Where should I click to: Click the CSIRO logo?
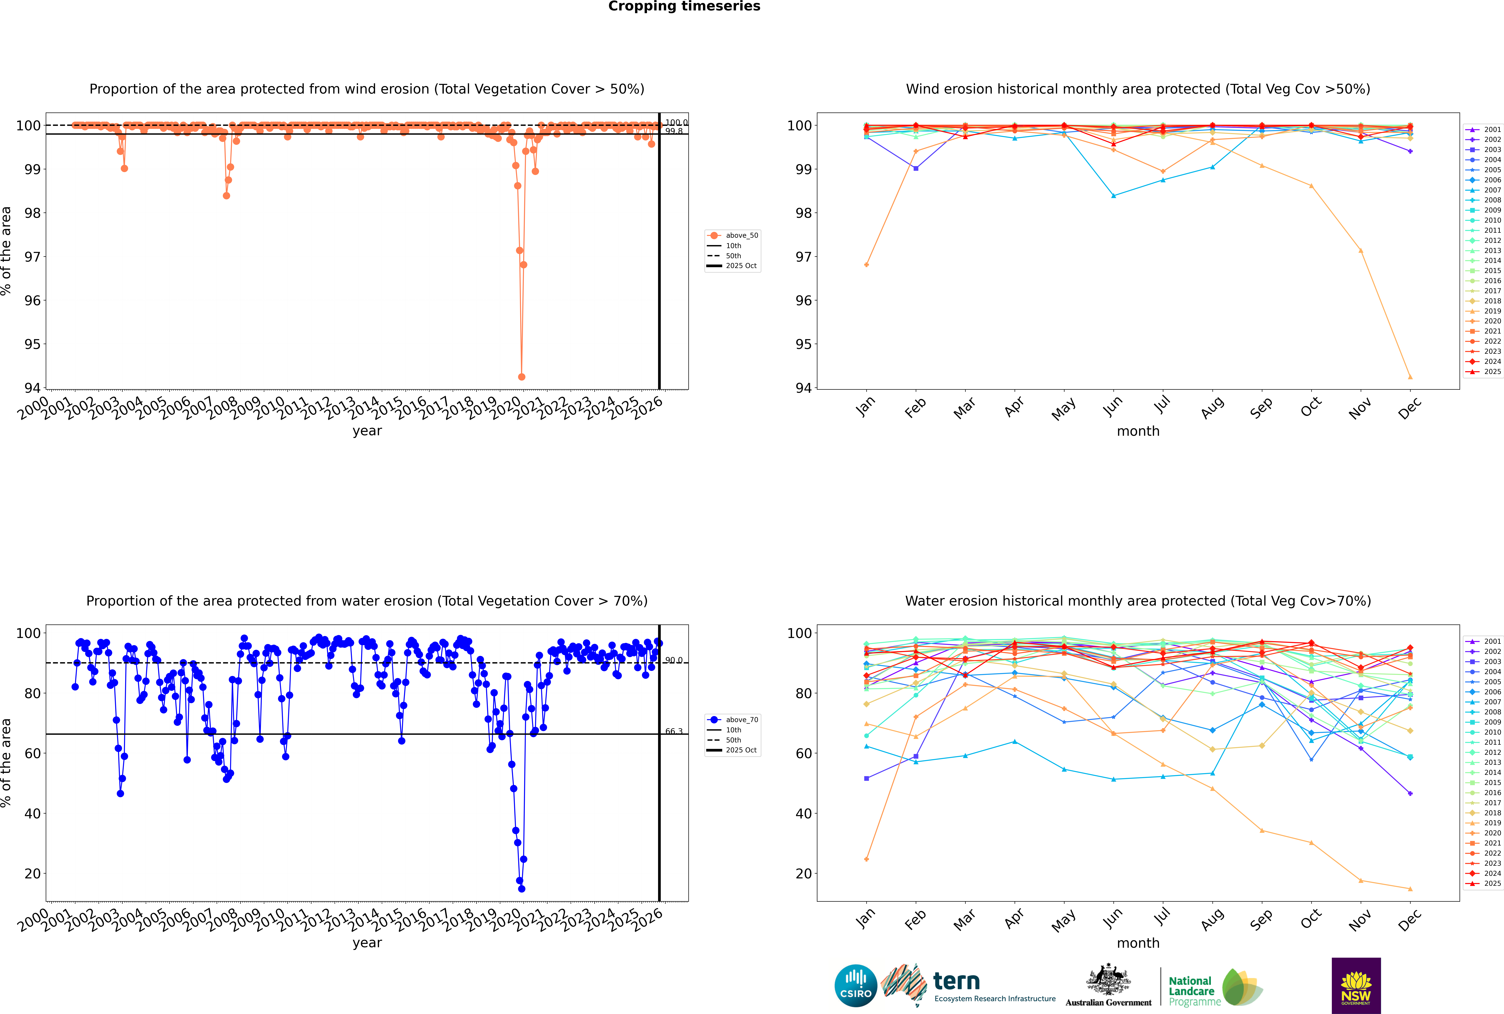(x=855, y=986)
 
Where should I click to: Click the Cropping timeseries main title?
(x=684, y=6)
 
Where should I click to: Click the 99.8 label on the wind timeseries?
(x=674, y=131)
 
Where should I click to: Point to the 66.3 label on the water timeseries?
(x=674, y=731)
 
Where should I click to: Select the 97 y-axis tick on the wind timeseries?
(x=32, y=257)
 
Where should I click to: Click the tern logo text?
(x=956, y=982)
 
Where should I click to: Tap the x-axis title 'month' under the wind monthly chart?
(x=1138, y=431)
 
